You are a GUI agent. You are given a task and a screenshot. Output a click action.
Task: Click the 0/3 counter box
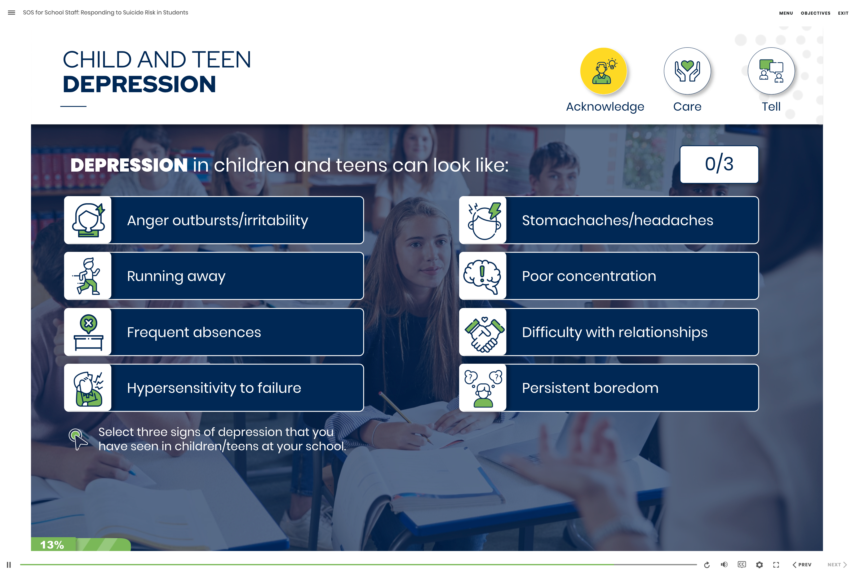[719, 164]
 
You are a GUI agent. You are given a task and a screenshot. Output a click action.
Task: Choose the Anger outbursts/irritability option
[214, 220]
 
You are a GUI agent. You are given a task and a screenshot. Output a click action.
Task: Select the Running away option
[214, 276]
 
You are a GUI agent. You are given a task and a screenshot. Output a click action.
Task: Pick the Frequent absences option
[214, 332]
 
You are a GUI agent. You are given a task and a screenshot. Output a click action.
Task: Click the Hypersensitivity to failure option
[214, 388]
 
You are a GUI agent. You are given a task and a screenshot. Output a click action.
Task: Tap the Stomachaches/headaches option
[609, 220]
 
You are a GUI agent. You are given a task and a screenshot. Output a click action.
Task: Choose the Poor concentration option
[609, 276]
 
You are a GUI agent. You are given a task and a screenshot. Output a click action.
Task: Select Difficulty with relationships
[609, 332]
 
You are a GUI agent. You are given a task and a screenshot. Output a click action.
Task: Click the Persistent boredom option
[609, 388]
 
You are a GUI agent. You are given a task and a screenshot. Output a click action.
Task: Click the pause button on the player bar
[9, 564]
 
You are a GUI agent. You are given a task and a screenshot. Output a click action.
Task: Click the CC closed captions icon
[742, 564]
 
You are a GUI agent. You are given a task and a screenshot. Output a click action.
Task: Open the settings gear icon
[759, 564]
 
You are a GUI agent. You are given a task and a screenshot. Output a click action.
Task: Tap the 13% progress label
[52, 545]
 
